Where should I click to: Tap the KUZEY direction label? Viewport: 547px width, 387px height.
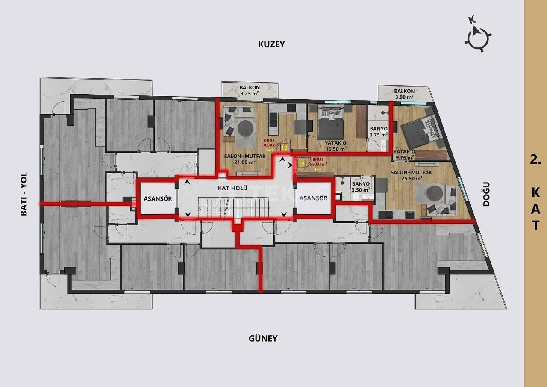[x=271, y=44]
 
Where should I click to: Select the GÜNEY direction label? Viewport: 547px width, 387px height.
[x=263, y=338]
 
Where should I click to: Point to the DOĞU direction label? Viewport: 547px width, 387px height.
[x=486, y=195]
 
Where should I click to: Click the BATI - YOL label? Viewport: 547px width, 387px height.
[x=24, y=194]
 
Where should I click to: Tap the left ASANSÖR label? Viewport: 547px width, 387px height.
[x=157, y=198]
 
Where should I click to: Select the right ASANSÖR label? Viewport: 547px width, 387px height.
[x=313, y=198]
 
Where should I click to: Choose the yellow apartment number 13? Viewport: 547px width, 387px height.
[x=301, y=163]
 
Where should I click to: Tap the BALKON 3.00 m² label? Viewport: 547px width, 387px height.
[x=404, y=94]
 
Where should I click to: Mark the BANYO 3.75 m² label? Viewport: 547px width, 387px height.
[x=378, y=131]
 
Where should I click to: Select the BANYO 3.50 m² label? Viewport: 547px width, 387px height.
[x=361, y=186]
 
